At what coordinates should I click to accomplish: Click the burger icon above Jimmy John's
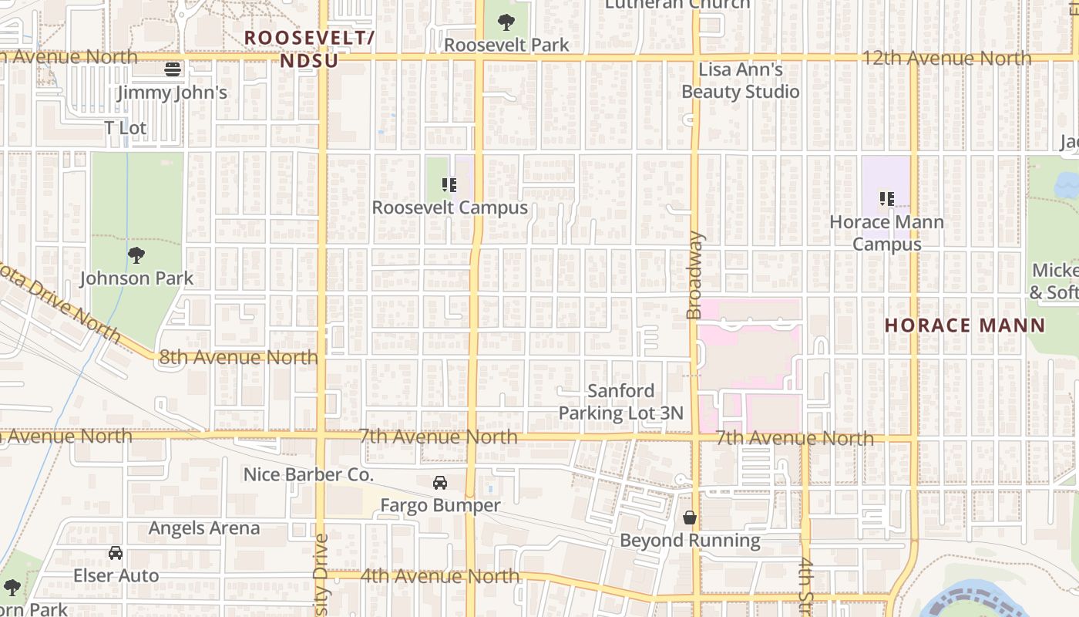pos(173,69)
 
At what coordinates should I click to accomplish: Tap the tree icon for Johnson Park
pos(136,255)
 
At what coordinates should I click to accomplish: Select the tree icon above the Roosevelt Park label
pos(506,22)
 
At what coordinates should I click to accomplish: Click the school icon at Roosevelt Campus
pos(449,185)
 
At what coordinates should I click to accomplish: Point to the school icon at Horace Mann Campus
pos(886,199)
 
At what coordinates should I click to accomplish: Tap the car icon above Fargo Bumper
pos(440,483)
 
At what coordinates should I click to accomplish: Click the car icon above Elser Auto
pos(116,553)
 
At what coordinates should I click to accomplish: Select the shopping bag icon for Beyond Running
pos(690,518)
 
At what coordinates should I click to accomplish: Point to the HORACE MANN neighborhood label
pos(964,325)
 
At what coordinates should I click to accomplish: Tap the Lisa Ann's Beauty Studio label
pos(741,81)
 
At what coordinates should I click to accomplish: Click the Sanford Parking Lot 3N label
pos(620,402)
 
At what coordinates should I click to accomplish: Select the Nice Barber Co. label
pos(308,474)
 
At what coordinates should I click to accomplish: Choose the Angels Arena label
pos(204,528)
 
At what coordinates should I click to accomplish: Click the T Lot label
pos(126,128)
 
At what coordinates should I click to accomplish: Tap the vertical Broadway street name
pos(694,275)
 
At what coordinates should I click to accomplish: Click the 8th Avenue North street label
pos(238,357)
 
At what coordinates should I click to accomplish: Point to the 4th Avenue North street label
pos(440,576)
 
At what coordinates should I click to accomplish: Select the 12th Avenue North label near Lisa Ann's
pos(946,59)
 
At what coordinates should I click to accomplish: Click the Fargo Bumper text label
pos(440,506)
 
